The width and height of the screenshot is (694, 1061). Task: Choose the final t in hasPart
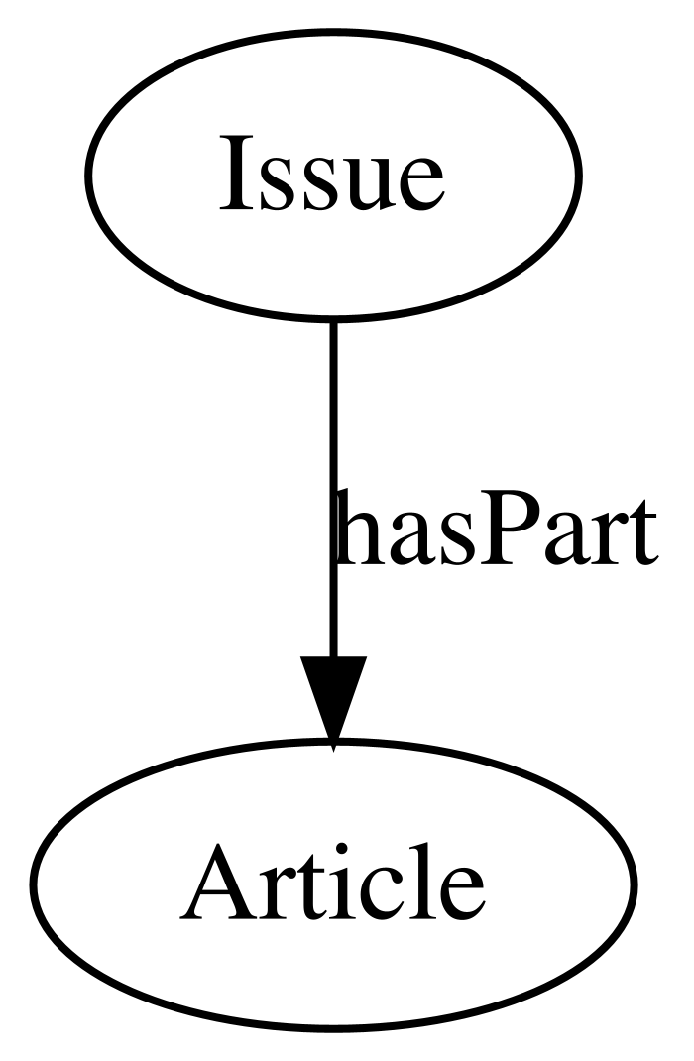639,534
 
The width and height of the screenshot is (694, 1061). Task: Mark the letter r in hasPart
604,539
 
